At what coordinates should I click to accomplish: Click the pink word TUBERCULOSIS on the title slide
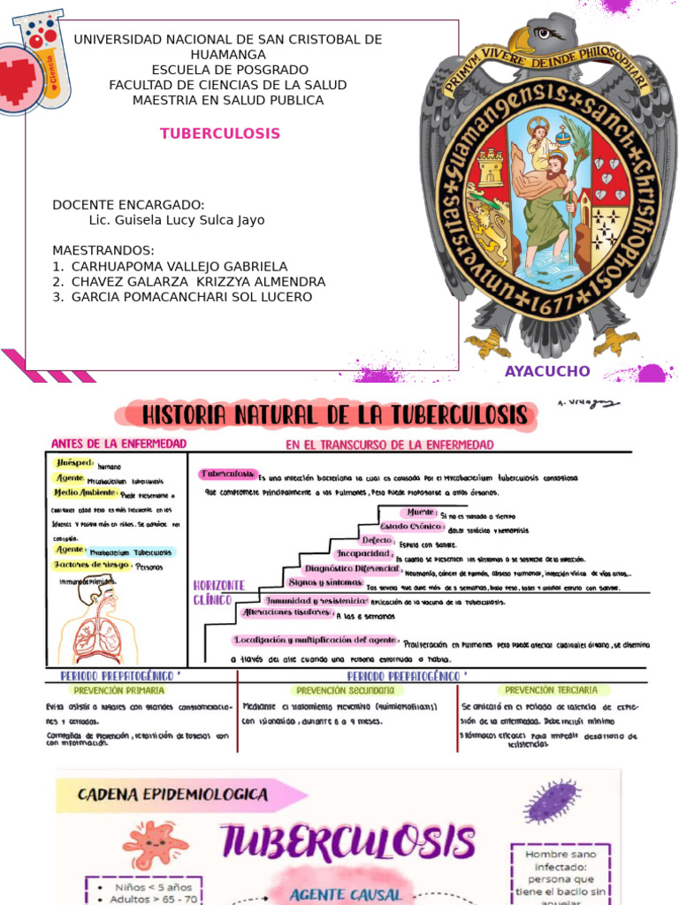click(x=220, y=133)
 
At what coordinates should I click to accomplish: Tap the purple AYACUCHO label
click(x=546, y=371)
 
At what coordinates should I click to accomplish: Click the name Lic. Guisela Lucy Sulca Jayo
click(x=177, y=220)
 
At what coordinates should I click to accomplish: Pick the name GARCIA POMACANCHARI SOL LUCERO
click(x=191, y=297)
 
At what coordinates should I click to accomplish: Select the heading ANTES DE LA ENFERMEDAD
click(x=119, y=444)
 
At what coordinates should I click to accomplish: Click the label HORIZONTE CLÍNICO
click(x=218, y=592)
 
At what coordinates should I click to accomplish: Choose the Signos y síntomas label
click(x=324, y=583)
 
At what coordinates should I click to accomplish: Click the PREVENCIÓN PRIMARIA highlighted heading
click(x=118, y=690)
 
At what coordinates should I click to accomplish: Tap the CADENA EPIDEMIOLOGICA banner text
click(x=172, y=795)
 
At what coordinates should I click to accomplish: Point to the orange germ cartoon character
click(x=156, y=844)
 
